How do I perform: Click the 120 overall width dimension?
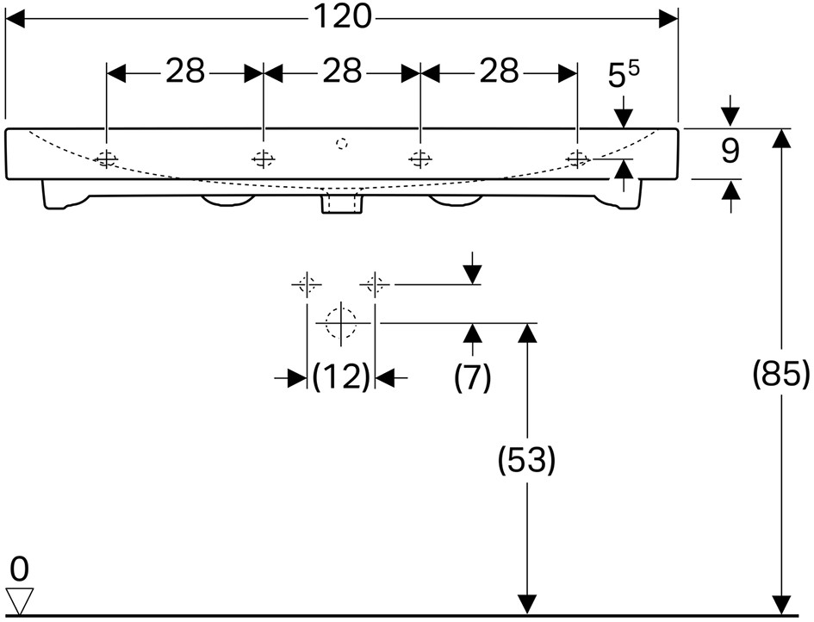pos(343,17)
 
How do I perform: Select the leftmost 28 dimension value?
pos(185,72)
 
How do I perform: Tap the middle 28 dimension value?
pos(342,72)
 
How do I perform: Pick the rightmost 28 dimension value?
pos(499,72)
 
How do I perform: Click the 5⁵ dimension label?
pos(624,75)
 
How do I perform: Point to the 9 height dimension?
pos(730,152)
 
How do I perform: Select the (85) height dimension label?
pos(781,373)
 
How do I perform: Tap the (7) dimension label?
pos(472,377)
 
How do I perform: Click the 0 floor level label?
pos(19,569)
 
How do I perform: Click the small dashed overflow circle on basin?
pos(341,143)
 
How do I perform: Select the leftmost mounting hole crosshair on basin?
pos(106,159)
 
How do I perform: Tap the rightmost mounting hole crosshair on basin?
pos(577,159)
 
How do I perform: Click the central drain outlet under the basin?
pos(341,202)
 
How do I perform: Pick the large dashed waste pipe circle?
pos(341,323)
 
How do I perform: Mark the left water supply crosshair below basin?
pos(307,284)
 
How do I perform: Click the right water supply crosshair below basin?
pos(375,284)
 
